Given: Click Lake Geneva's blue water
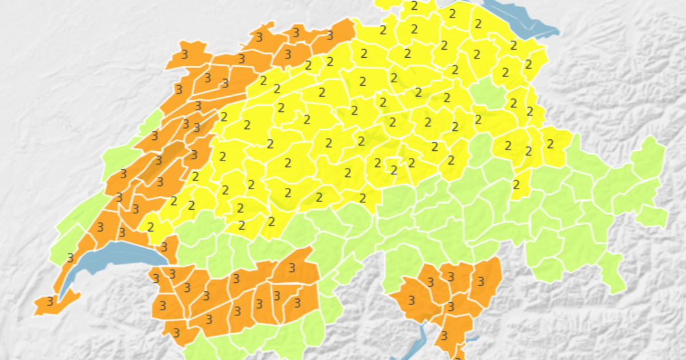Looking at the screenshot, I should [114, 254].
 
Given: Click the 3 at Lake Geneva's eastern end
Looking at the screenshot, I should [164, 247].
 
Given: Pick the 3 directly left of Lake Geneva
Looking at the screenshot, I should [71, 258].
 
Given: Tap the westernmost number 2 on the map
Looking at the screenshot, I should [151, 227].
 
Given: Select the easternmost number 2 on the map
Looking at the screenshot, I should [551, 144].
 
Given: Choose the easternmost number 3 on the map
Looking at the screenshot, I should [481, 281].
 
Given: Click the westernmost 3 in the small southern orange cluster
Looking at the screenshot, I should [411, 300].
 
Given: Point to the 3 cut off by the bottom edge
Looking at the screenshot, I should [457, 357].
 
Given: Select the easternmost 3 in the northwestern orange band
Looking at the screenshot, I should [330, 35].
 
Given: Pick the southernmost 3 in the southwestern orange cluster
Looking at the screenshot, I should [176, 333].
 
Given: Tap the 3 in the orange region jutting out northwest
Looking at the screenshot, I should [185, 55].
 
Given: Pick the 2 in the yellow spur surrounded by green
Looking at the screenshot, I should [516, 185].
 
